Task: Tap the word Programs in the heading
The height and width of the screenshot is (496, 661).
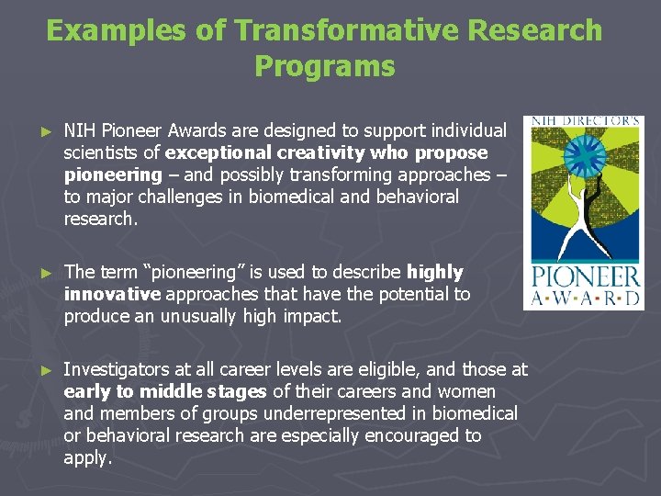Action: [x=324, y=66]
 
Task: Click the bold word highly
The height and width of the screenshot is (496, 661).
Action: [x=434, y=272]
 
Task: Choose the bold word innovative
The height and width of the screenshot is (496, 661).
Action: [x=112, y=294]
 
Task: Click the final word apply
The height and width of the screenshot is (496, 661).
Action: [x=86, y=457]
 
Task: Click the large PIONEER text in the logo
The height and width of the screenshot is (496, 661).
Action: [x=583, y=278]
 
